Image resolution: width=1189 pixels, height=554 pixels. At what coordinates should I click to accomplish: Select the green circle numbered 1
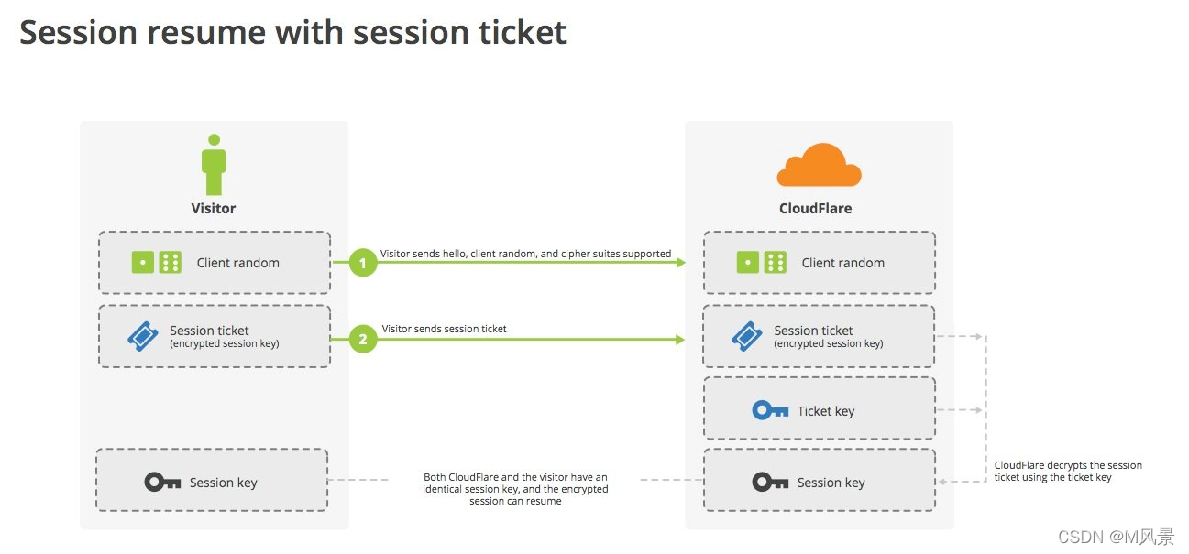click(x=363, y=264)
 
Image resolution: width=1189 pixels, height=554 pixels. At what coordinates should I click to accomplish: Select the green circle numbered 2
click(x=363, y=340)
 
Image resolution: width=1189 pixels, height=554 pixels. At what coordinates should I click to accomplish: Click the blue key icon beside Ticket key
click(x=770, y=410)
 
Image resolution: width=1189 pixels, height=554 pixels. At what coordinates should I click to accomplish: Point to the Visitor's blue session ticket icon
click(x=143, y=337)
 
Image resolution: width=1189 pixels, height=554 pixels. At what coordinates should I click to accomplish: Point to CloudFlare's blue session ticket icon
click(x=747, y=337)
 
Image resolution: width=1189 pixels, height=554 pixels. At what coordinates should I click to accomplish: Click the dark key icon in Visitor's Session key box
click(x=162, y=482)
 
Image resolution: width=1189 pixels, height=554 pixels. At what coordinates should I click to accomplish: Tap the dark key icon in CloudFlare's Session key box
click(x=770, y=482)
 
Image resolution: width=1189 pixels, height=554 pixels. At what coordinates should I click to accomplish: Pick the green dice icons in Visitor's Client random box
click(x=156, y=263)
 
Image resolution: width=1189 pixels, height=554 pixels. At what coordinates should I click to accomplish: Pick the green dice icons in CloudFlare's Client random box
click(x=761, y=263)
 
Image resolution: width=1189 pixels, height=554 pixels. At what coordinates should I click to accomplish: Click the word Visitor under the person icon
click(x=214, y=209)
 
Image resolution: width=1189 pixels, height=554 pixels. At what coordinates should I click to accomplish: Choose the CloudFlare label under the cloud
click(x=815, y=209)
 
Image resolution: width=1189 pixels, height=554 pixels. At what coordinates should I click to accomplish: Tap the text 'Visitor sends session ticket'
click(x=444, y=329)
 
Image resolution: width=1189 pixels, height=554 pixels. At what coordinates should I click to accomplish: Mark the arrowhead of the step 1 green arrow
click(x=680, y=263)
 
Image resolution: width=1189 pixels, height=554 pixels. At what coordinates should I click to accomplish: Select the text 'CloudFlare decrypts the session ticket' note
click(x=1068, y=471)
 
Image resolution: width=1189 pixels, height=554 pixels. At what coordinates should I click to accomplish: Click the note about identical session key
click(x=515, y=489)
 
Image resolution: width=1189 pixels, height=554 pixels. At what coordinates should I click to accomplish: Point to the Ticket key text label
click(x=825, y=411)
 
